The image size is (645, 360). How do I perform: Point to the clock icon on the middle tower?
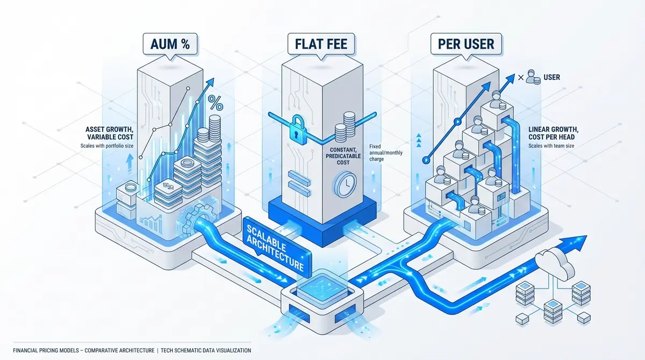click(345, 184)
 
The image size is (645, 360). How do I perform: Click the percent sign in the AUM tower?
click(216, 102)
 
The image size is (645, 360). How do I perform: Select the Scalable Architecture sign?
click(272, 248)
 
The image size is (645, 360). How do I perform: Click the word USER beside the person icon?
click(551, 77)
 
